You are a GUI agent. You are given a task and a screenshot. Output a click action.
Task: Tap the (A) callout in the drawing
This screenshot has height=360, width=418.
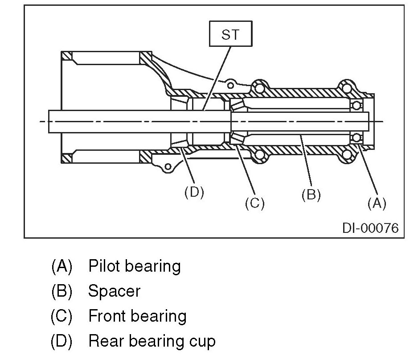click(376, 203)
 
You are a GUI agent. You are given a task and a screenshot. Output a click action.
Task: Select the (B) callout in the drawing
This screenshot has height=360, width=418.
click(311, 195)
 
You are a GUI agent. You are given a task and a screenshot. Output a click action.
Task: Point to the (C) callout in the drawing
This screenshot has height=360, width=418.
click(255, 203)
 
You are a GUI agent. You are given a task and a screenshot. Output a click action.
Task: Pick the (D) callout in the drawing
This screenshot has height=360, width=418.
click(194, 193)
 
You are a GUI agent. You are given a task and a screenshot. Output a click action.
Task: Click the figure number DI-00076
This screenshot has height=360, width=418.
click(370, 228)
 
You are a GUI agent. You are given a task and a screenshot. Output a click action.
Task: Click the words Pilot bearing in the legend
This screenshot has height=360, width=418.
click(135, 266)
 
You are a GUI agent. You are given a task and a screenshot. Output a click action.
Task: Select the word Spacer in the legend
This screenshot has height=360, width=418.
click(114, 291)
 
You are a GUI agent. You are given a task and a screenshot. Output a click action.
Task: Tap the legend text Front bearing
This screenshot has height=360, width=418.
click(137, 316)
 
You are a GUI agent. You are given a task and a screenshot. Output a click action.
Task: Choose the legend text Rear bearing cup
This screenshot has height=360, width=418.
click(152, 341)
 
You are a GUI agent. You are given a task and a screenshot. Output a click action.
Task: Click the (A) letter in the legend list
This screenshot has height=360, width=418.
click(61, 266)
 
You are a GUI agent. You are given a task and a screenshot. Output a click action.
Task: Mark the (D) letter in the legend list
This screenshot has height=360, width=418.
click(61, 341)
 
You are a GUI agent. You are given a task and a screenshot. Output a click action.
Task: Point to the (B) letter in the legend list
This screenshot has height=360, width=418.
click(61, 291)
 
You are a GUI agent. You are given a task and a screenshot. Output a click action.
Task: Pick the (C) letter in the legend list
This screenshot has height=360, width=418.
click(61, 316)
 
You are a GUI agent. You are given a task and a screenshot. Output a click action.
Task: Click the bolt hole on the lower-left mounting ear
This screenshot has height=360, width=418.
click(167, 167)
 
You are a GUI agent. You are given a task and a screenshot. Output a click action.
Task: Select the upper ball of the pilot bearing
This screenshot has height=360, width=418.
click(356, 106)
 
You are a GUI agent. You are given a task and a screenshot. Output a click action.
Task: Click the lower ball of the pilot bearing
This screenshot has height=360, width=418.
click(356, 137)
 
